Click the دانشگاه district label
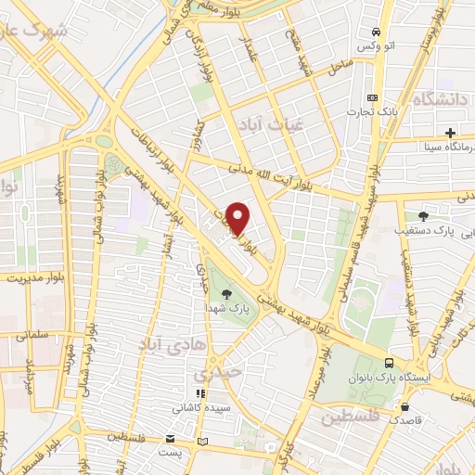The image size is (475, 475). (x=443, y=100)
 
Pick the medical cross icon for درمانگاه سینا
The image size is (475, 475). (x=450, y=133)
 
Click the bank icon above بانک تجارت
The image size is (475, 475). (x=373, y=98)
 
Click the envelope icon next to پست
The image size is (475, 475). (x=169, y=439)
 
